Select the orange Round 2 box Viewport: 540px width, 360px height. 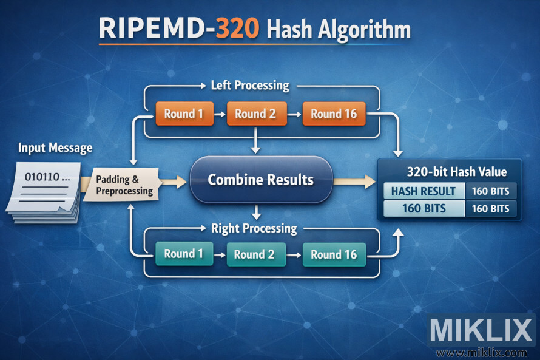(256, 114)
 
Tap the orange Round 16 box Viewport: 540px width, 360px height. (334, 114)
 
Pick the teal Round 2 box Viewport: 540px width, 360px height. (255, 254)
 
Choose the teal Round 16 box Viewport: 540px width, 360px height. (334, 254)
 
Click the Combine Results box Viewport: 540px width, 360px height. (261, 180)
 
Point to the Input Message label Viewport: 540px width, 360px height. (55, 148)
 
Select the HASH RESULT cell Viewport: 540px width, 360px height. (424, 191)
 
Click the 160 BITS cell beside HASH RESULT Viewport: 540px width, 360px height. (490, 191)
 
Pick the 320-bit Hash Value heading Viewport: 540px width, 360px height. (448, 171)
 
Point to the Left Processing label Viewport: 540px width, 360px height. (249, 85)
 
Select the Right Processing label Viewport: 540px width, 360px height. (254, 229)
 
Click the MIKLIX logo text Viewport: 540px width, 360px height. (481, 331)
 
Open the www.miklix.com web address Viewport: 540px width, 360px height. (482, 352)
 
